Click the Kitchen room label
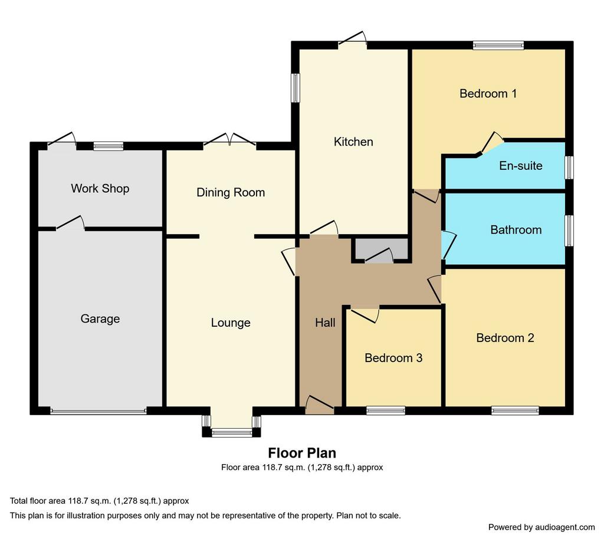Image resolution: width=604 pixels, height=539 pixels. pos(353,142)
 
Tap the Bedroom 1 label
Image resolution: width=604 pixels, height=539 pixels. pos(488,93)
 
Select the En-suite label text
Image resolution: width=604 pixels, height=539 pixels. pos(521,166)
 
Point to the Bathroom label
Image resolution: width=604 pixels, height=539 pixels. pos(516,230)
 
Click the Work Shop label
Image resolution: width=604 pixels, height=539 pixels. pos(100,188)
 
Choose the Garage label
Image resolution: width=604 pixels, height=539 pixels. pos(100,319)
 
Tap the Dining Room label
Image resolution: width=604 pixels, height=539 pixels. pos(231,192)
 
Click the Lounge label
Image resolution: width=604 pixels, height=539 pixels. pos(231,323)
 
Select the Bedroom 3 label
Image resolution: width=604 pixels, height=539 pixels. pos(393,358)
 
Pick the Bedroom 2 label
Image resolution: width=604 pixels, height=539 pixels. pos(505,338)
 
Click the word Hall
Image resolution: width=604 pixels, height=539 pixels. pos(325,323)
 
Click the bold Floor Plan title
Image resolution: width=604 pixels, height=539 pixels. pos(302,453)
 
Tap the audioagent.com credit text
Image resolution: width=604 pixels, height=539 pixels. pos(541,527)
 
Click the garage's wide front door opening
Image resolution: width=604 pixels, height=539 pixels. pos(99,411)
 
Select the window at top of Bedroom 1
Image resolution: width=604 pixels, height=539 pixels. pos(498,45)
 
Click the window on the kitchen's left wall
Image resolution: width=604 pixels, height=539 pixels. pos(296,88)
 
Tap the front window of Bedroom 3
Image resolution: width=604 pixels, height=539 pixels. pos(386,410)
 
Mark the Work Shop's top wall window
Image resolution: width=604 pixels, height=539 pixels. pos(109,146)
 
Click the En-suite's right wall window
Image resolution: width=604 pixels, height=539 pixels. pos(569,167)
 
